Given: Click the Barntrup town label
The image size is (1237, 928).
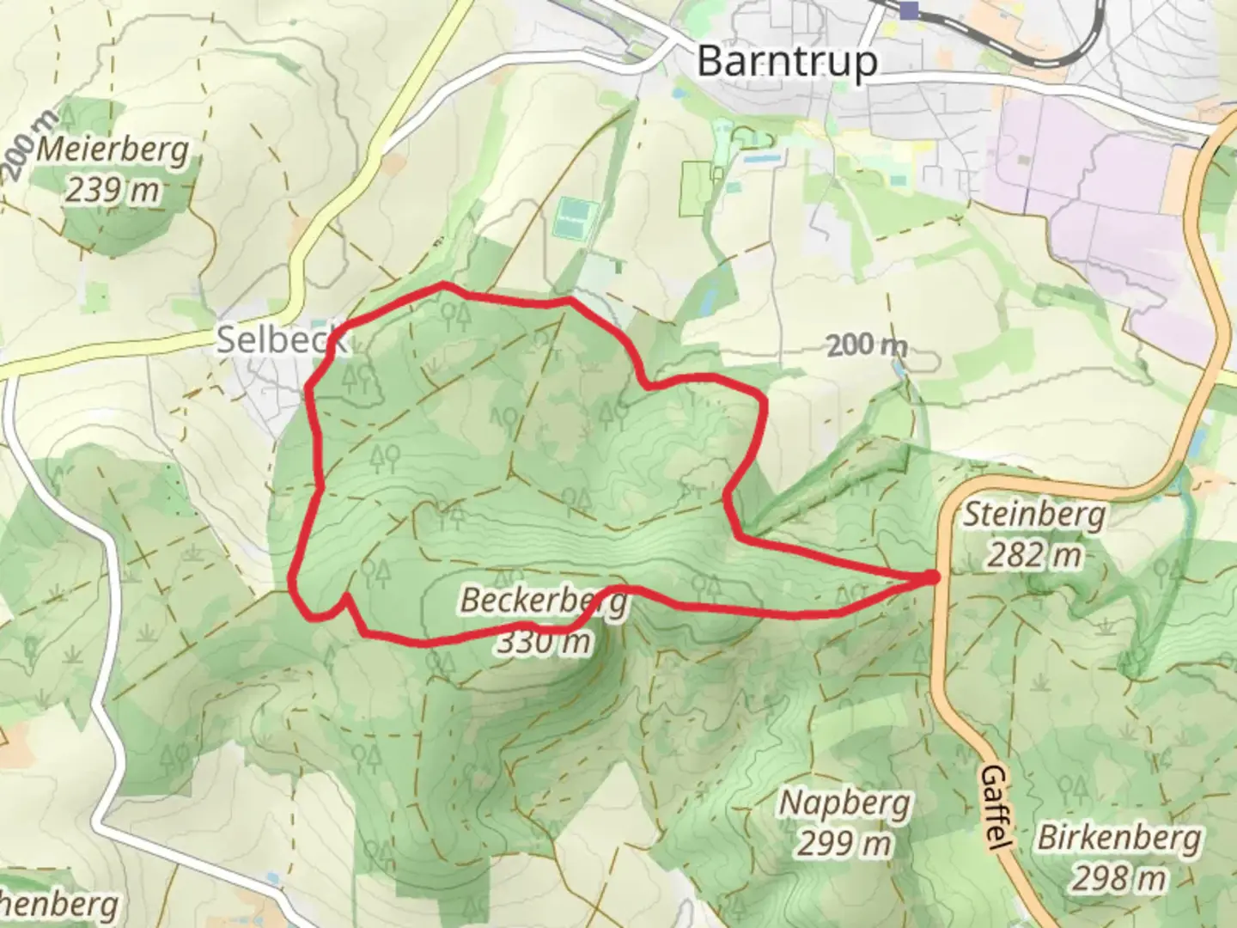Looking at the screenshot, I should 787,62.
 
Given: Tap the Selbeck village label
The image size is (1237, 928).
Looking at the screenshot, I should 280,340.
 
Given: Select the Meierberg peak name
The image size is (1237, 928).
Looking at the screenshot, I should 113,150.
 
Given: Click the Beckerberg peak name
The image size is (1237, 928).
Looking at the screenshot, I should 543,601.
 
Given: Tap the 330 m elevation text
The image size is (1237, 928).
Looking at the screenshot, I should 543,641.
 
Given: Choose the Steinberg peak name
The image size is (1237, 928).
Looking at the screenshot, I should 1033,516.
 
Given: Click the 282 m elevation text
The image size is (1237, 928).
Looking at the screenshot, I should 1033,556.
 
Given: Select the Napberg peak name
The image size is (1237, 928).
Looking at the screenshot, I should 844,803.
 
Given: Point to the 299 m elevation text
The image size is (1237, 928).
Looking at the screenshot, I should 844,844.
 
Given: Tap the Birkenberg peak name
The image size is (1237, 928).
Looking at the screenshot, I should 1118,838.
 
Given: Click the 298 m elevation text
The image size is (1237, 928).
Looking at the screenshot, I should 1118,878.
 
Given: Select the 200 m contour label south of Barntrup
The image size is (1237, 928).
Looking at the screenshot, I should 868,346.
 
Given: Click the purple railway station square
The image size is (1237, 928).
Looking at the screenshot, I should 909,9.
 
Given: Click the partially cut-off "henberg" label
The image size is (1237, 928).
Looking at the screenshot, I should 58,905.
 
